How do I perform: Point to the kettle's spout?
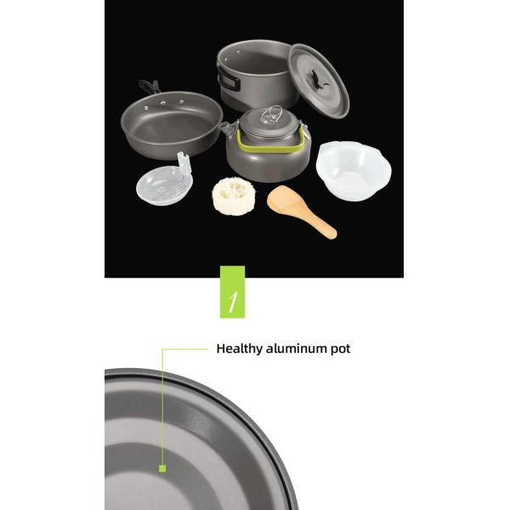pyautogui.click(x=224, y=127)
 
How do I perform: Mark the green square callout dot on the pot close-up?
pyautogui.click(x=160, y=467)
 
